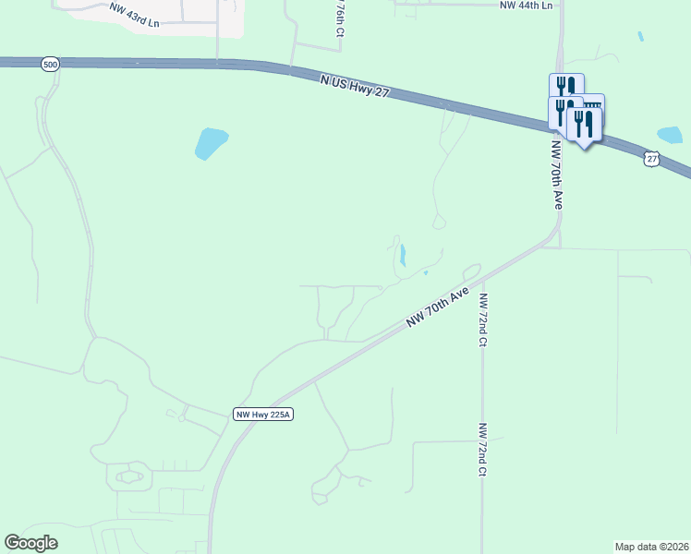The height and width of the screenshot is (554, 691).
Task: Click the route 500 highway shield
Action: coord(49,64)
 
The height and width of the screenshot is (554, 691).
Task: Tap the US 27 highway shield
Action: coord(653,159)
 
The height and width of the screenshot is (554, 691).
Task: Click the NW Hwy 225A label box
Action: coord(262,415)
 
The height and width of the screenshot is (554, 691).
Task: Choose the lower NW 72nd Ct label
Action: coord(482,450)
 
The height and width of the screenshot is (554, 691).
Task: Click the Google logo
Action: coord(30,543)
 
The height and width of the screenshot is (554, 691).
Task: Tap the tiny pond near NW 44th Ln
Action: coord(640,37)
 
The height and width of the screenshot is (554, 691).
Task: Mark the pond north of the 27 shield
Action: coord(670,135)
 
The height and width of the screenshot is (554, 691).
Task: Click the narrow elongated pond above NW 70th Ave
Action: coord(403,254)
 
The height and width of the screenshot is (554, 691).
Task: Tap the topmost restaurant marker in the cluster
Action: coord(566,87)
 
